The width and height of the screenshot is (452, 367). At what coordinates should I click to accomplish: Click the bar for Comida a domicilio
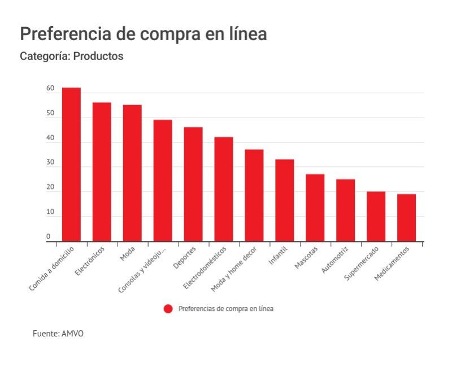(x=71, y=165)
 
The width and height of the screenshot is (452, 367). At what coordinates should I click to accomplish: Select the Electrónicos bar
(x=102, y=172)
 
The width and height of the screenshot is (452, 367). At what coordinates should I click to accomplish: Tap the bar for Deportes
(x=193, y=184)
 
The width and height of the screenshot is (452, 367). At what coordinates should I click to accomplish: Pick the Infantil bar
(x=284, y=200)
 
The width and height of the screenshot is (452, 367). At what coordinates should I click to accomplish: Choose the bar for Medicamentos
(x=406, y=218)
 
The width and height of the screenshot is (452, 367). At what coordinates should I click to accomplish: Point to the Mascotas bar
(x=315, y=208)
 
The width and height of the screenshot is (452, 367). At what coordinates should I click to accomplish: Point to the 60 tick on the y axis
(x=50, y=89)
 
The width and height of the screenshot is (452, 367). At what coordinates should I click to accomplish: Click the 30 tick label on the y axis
(x=50, y=163)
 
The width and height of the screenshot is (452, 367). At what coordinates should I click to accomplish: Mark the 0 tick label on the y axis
(x=49, y=236)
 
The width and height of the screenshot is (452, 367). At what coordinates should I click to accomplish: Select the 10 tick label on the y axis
(x=50, y=213)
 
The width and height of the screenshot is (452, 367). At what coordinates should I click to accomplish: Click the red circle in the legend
(x=168, y=309)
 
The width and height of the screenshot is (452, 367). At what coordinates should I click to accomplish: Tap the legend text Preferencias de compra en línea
(x=226, y=309)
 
